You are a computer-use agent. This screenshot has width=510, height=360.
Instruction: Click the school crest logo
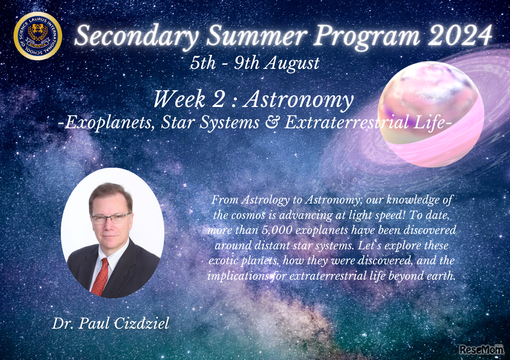click(x=38, y=36)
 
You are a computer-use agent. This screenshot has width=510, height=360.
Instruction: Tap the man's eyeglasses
click(x=110, y=219)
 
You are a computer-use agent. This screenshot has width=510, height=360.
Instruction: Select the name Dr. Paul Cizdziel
click(x=110, y=324)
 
